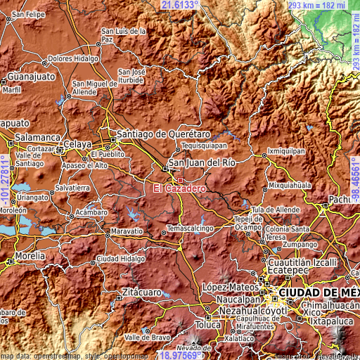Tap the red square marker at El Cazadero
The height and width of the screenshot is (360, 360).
click(180, 180)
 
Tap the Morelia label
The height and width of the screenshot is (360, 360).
click(30, 255)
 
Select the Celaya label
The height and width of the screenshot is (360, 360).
click(77, 144)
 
